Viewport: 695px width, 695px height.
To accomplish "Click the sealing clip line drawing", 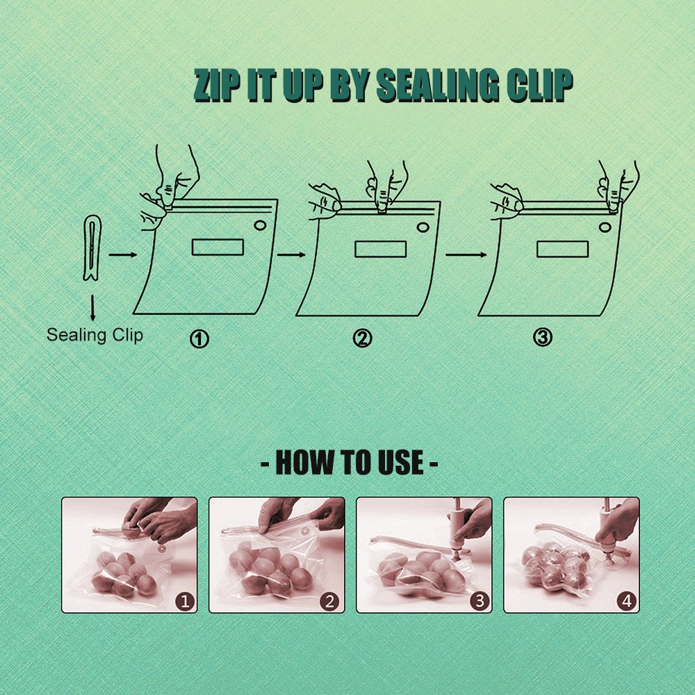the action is (x=92, y=247).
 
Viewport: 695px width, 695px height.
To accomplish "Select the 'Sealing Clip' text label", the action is (x=95, y=335).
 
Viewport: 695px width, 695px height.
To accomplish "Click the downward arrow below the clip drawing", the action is (x=92, y=307).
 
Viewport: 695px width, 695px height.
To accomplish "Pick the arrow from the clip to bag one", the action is (x=123, y=254).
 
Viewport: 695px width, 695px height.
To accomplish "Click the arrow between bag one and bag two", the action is (x=292, y=254).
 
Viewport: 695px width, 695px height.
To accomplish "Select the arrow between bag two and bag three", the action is (x=466, y=254).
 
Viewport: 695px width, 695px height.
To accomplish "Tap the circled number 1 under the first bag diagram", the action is (x=199, y=340).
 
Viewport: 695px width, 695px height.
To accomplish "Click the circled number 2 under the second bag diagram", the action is (x=363, y=338).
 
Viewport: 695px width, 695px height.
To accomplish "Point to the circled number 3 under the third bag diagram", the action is (x=543, y=338).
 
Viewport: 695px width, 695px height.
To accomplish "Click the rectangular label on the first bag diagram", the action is (x=218, y=247).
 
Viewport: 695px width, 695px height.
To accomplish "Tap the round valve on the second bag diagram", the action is (x=423, y=227).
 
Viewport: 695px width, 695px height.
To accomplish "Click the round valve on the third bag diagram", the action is (x=605, y=227).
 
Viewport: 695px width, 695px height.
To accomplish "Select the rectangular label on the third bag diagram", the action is (x=562, y=249).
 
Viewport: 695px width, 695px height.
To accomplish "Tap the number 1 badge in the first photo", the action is (x=186, y=601).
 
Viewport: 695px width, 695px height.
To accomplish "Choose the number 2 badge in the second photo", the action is (x=329, y=601).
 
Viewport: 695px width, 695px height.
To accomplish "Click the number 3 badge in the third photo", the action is (x=480, y=601).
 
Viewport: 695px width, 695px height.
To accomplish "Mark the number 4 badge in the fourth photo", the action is (x=627, y=601).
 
